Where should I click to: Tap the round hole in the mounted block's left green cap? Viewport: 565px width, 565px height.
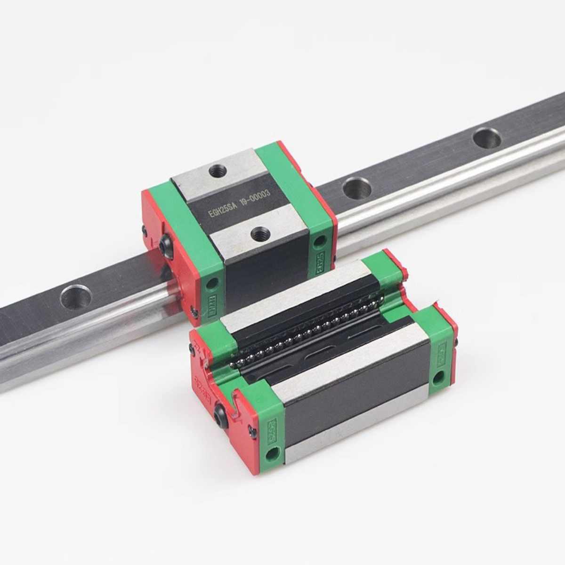(x=212, y=283)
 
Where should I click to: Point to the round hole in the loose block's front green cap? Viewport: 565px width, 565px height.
(x=273, y=454)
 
